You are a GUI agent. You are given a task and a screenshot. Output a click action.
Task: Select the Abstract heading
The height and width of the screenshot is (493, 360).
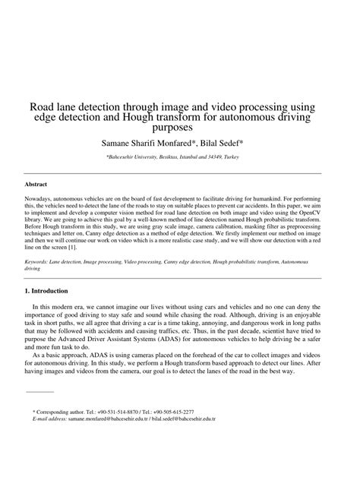(x=36, y=184)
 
